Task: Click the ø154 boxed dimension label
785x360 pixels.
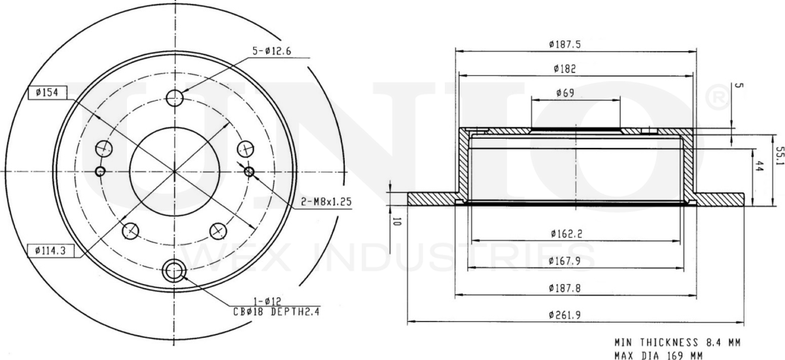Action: (47, 93)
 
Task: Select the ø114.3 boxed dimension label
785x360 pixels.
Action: (51, 251)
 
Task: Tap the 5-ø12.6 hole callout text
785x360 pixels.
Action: (272, 51)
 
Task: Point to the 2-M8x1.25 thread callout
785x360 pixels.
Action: (326, 202)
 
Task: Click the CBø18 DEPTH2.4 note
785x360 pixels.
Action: (277, 312)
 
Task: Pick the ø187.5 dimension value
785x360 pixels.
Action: (565, 45)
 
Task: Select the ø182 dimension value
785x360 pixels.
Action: (565, 69)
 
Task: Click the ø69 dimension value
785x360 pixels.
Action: (565, 93)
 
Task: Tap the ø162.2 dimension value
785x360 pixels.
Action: (567, 234)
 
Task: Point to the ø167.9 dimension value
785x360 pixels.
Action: (565, 261)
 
